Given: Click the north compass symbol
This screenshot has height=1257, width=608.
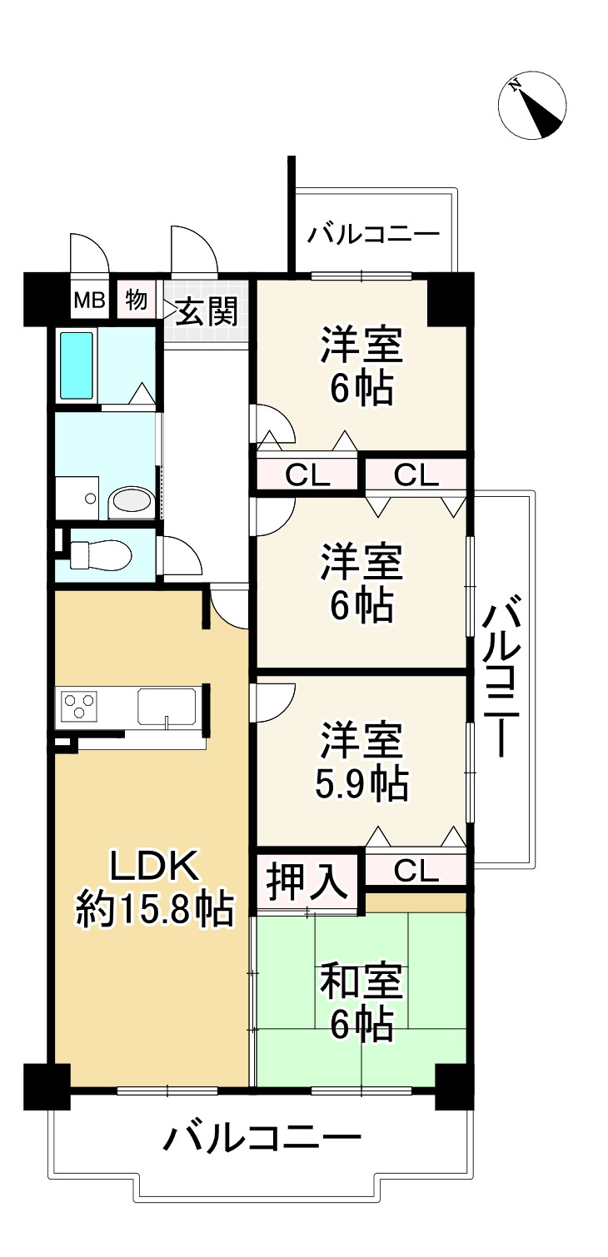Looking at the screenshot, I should [532, 107].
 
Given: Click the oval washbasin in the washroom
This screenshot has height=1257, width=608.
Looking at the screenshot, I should [131, 501].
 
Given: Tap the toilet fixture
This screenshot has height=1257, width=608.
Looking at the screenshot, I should [100, 554].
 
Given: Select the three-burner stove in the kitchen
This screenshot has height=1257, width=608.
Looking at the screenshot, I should [77, 707].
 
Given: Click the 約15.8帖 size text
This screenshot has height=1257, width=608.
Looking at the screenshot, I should [154, 910].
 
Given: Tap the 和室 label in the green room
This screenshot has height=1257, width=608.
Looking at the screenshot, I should [361, 983].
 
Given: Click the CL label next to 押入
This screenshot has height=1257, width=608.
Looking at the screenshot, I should [416, 871].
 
